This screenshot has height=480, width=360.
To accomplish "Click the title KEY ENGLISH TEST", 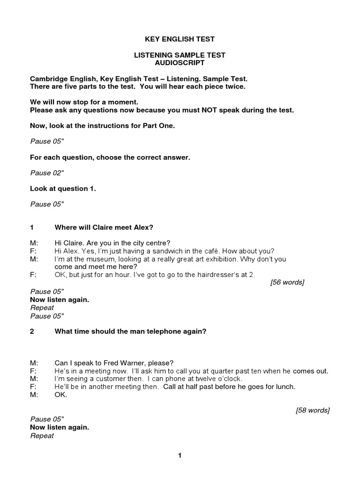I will [180, 39].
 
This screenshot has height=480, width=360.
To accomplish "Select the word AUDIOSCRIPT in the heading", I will [180, 62].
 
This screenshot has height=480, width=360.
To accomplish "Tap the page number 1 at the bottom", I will [180, 455].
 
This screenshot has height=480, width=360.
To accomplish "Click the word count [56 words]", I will [287, 282].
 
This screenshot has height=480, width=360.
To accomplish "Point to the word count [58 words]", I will [313, 410].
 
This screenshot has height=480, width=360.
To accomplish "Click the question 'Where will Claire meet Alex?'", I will [104, 227].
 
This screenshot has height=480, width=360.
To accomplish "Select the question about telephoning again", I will [130, 331].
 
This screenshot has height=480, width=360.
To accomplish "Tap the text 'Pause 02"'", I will [47, 173].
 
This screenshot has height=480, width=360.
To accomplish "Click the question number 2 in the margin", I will [32, 331].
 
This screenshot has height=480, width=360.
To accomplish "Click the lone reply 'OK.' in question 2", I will [61, 395].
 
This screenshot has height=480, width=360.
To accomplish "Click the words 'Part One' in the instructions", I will [161, 126].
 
